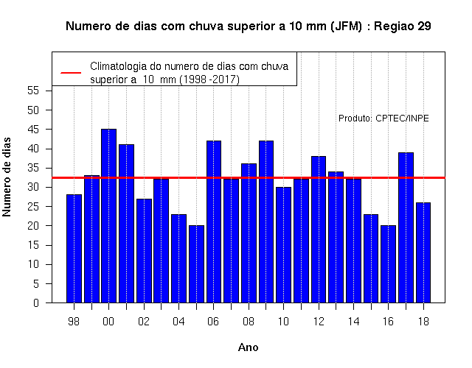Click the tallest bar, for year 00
(108, 216)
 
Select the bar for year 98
(74, 249)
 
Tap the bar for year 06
(214, 222)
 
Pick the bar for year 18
(423, 252)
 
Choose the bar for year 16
(389, 264)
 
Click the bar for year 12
(319, 230)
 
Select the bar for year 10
(283, 245)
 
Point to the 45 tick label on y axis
(33, 130)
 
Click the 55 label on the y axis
(33, 91)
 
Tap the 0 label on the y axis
(36, 302)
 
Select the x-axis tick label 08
(249, 322)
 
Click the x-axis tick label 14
(353, 322)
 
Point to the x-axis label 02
(144, 322)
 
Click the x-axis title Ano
(249, 347)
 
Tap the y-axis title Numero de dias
(7, 177)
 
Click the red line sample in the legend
(71, 73)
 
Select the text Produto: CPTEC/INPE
(383, 118)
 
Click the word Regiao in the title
(394, 26)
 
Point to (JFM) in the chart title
(346, 26)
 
